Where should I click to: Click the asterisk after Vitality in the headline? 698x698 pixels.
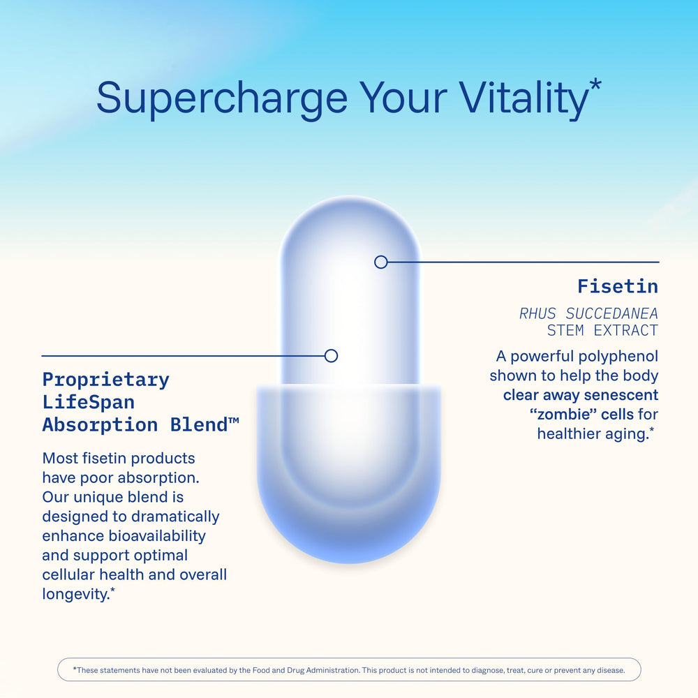click(595, 87)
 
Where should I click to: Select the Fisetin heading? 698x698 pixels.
click(618, 286)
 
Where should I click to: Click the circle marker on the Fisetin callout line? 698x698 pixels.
click(380, 262)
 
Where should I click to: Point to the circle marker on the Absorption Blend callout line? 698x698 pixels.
click(332, 355)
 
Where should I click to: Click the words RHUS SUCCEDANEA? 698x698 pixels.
click(588, 313)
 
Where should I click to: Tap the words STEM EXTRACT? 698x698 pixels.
click(602, 330)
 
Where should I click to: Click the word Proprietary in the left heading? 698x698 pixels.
click(106, 380)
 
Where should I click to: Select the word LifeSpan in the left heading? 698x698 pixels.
click(89, 402)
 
